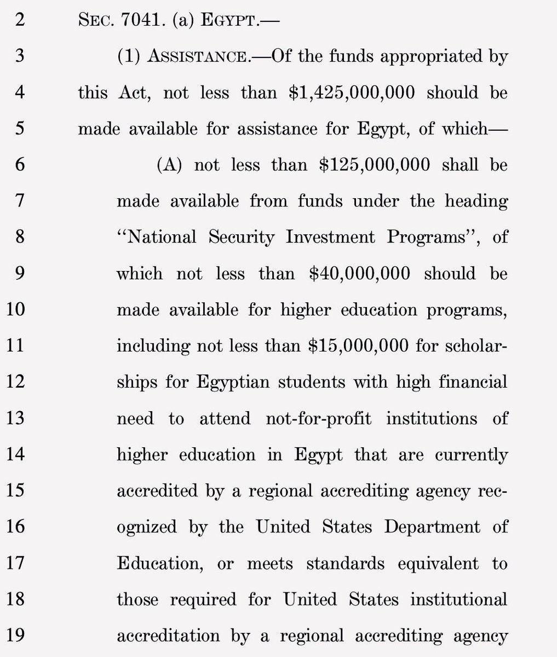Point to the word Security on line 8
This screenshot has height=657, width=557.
238,237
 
